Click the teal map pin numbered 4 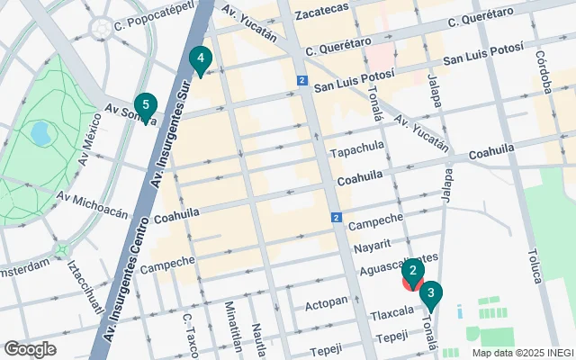click(x=200, y=60)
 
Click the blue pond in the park click(x=40, y=133)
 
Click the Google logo click(x=31, y=348)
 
